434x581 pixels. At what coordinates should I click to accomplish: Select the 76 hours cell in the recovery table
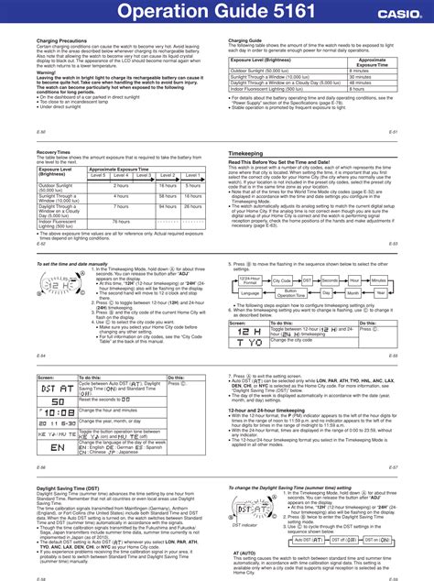tap(120, 221)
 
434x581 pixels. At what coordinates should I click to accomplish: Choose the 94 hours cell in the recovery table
tap(167, 206)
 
